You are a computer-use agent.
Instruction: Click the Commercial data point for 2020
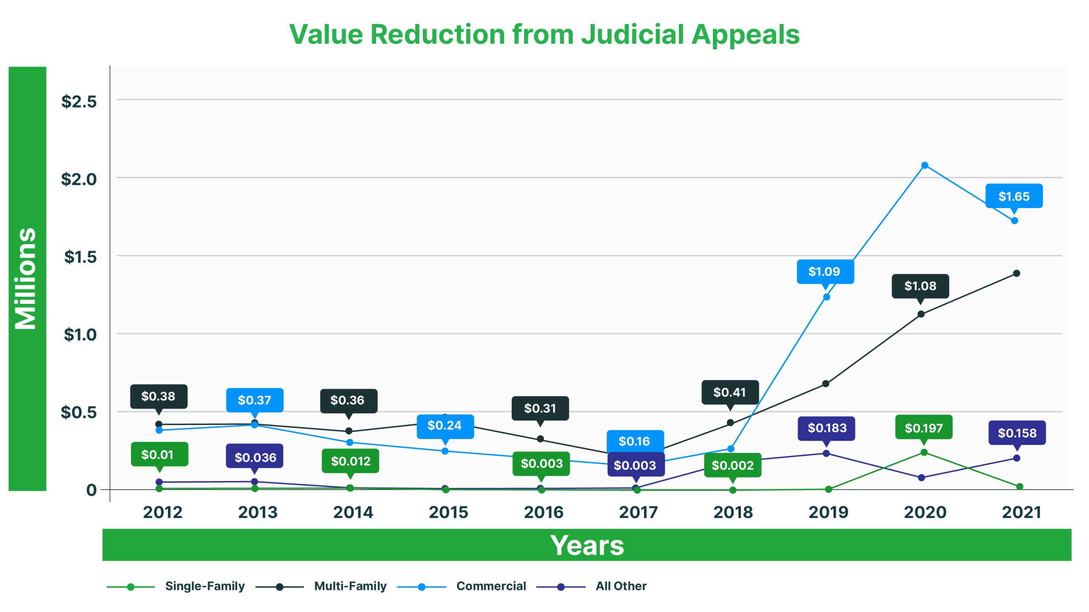pos(924,165)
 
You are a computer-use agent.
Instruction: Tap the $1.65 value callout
pos(1014,196)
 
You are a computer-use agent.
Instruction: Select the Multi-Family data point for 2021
pos(1016,273)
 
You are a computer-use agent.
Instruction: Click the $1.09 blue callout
pos(824,272)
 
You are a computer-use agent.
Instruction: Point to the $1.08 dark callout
pos(920,286)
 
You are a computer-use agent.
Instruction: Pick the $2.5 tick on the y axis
pos(79,102)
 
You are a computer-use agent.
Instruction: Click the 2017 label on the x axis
pos(638,512)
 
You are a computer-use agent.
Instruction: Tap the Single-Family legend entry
pos(205,586)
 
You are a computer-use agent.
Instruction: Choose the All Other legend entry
pos(621,586)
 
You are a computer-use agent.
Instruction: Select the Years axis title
pos(587,545)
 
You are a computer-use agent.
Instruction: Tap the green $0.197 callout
pos(924,428)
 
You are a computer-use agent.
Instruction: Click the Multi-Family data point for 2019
pos(826,384)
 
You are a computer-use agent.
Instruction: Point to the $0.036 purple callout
pos(255,457)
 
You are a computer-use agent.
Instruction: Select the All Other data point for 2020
pos(921,478)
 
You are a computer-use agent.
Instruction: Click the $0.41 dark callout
pos(730,392)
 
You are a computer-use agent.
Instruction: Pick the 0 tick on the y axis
pos(91,490)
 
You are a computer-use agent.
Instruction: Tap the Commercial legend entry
pos(491,586)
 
